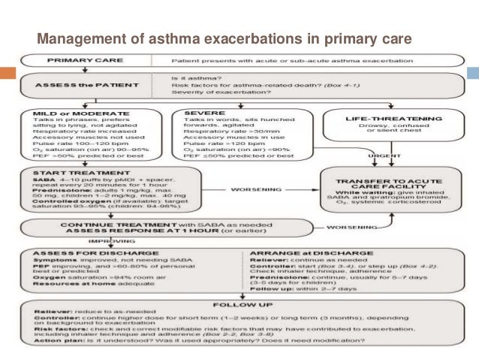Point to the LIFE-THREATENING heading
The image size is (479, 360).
[382, 119]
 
